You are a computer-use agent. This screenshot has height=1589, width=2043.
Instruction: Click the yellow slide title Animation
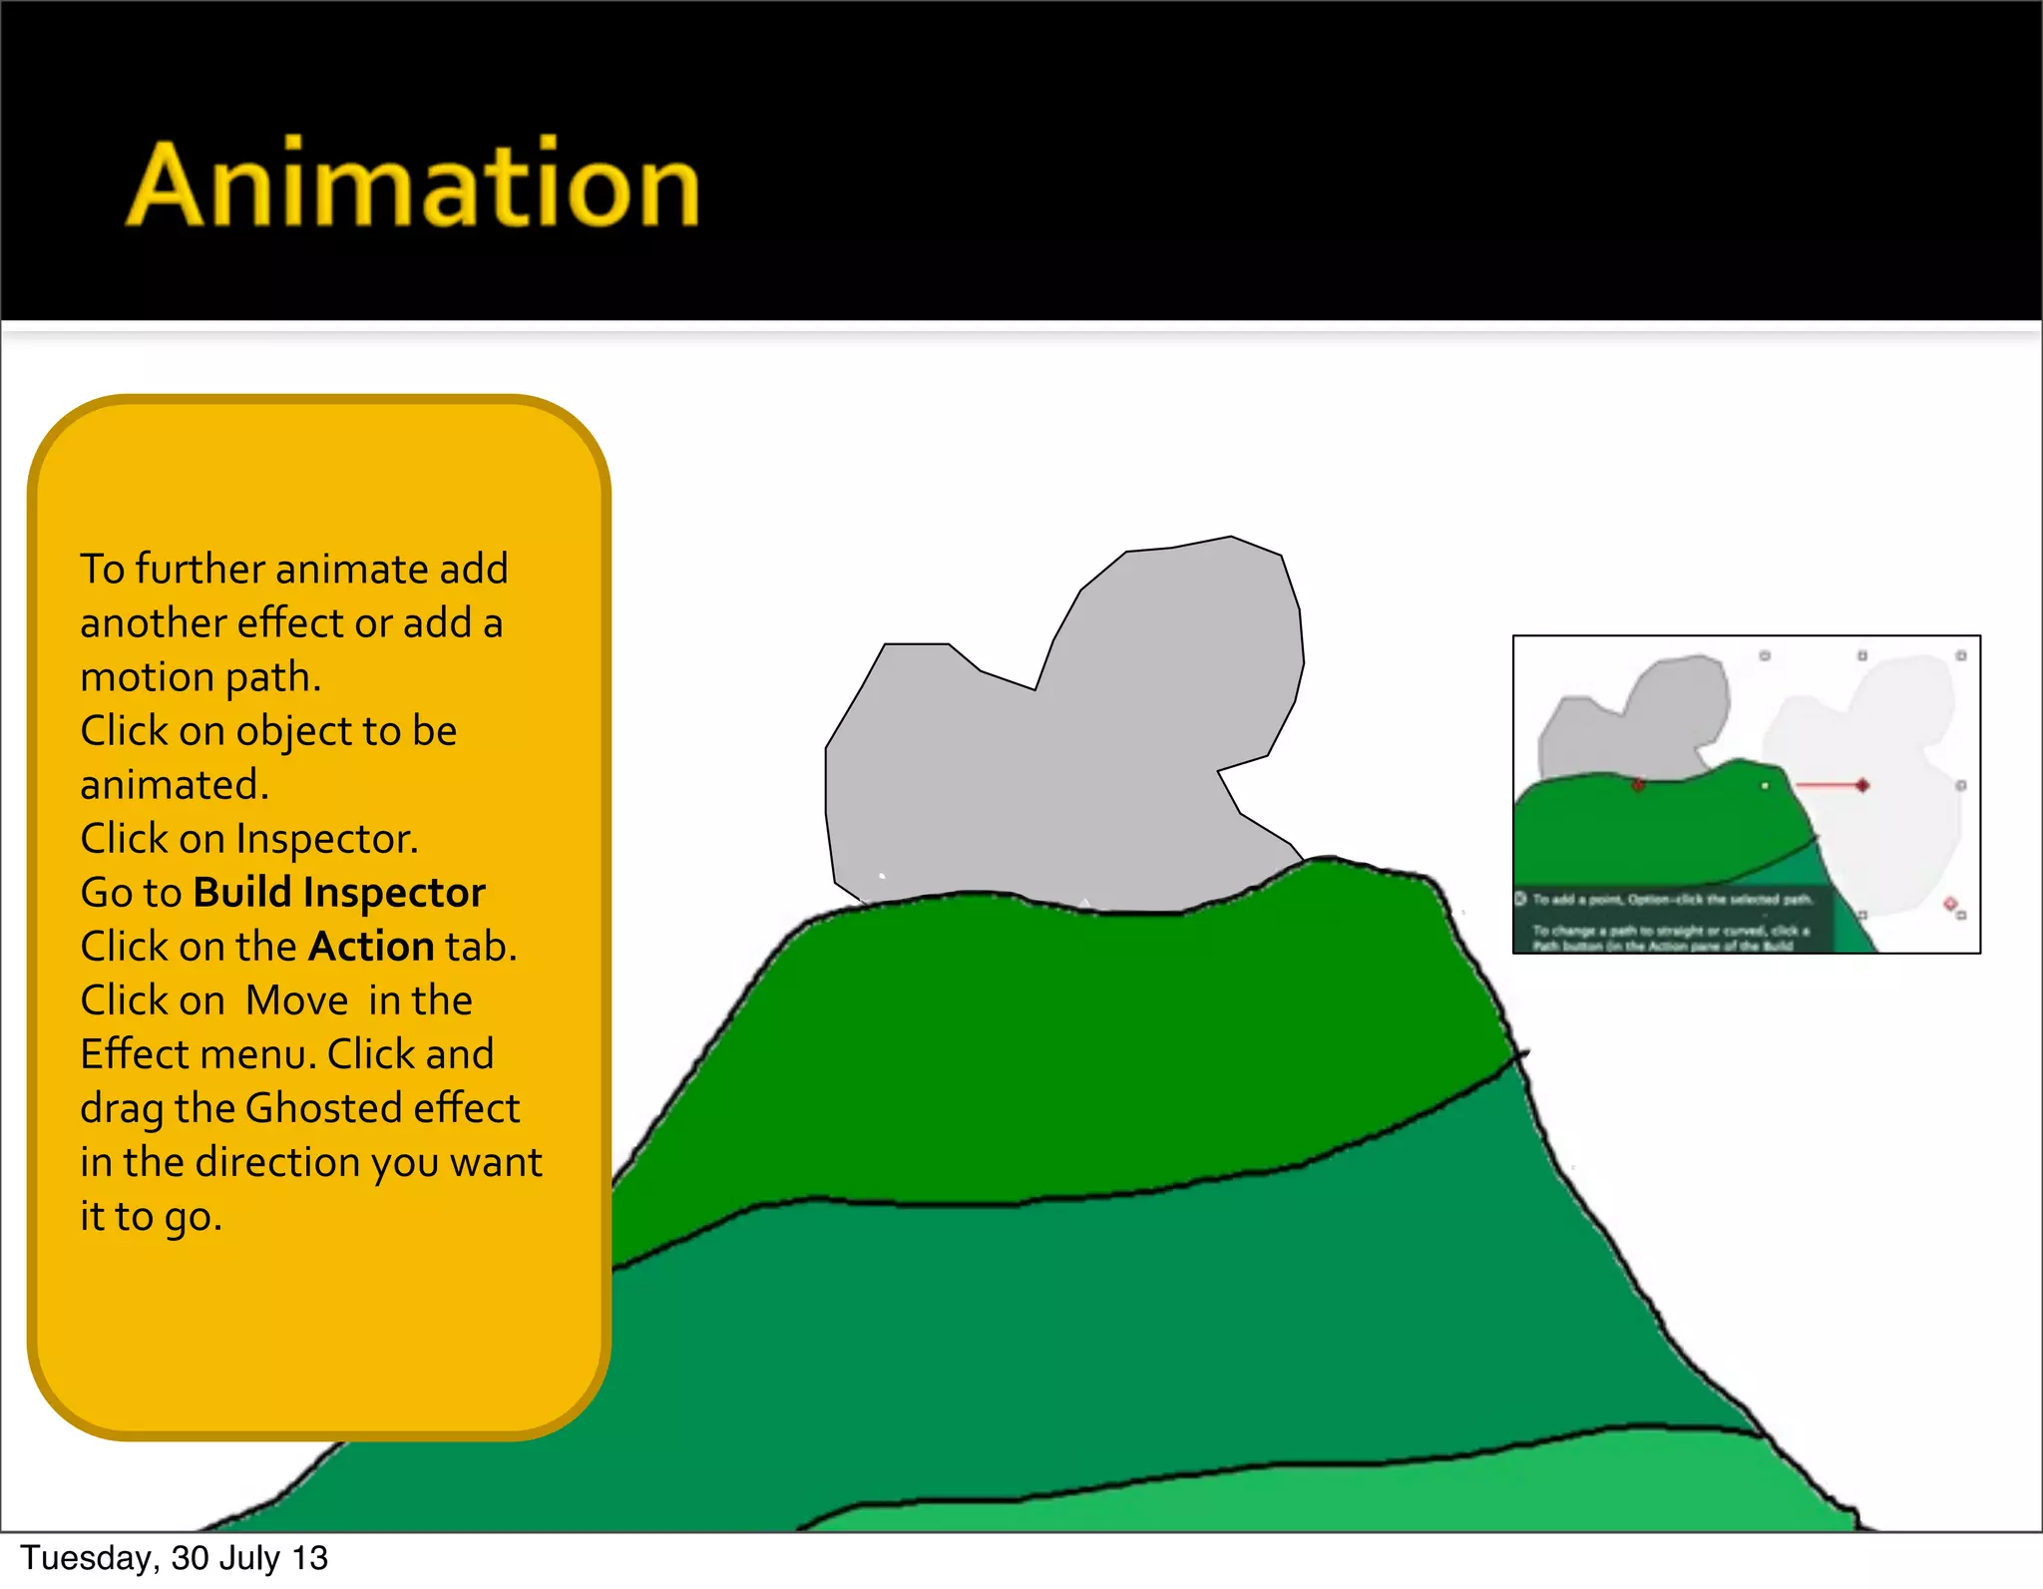413,186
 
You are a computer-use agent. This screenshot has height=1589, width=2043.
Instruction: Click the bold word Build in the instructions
241,893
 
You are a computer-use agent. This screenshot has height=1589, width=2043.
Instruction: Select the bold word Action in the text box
371,947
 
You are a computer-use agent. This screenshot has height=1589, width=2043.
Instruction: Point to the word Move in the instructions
296,1000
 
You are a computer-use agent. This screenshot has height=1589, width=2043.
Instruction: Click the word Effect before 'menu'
134,1054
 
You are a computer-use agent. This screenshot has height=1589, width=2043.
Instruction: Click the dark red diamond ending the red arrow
1861,786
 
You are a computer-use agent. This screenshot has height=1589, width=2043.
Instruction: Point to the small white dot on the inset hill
1765,786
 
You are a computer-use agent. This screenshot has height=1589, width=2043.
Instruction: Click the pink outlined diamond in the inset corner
1950,904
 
